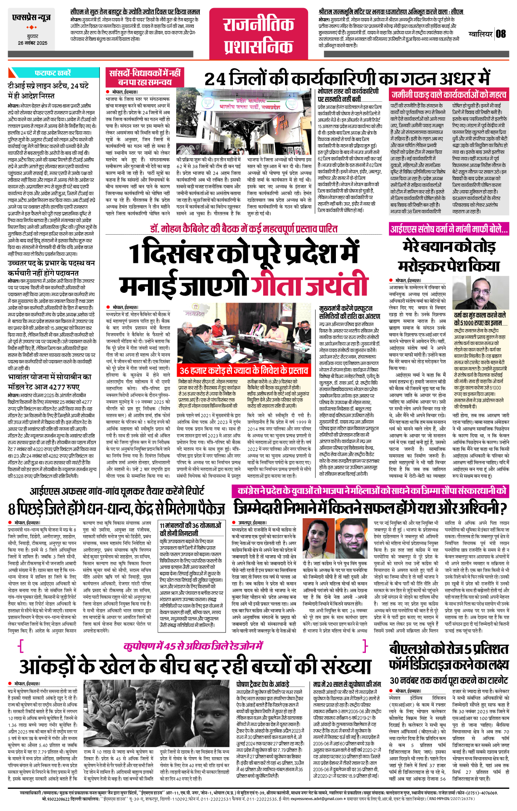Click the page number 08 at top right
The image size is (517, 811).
(501, 34)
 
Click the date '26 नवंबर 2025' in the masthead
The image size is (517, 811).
(32, 43)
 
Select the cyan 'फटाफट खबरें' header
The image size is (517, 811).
(53, 73)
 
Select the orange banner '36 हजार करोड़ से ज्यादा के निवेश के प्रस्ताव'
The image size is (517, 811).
(244, 370)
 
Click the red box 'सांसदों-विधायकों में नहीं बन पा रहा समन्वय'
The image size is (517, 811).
(145, 77)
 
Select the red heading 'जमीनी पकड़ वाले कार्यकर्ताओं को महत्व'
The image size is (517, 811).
(449, 95)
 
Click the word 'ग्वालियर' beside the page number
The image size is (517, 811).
(481, 34)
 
